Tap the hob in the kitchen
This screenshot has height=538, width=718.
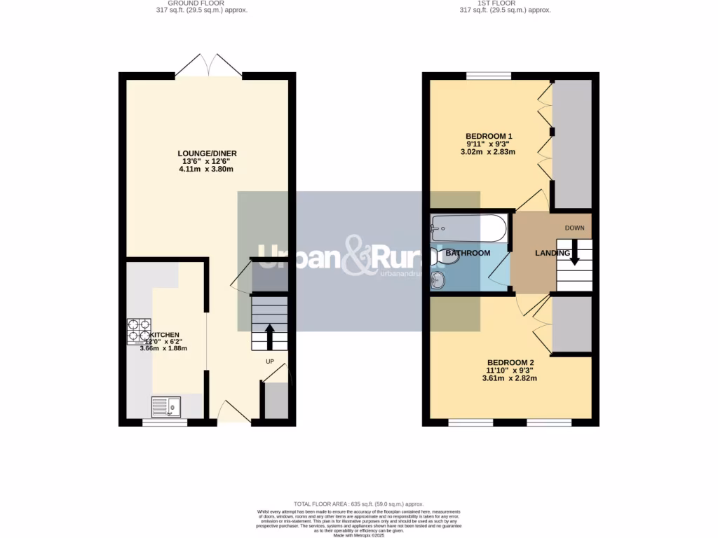(138, 331)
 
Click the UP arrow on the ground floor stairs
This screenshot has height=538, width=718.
(269, 336)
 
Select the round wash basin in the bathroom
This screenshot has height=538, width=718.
(438, 280)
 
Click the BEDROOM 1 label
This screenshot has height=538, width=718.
(489, 136)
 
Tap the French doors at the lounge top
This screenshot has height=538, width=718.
(208, 67)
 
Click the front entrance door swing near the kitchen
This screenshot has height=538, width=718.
(233, 412)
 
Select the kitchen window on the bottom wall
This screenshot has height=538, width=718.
(165, 422)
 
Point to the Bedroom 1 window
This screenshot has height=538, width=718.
(489, 76)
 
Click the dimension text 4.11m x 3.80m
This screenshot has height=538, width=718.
(205, 169)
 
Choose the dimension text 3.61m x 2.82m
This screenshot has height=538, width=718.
(509, 378)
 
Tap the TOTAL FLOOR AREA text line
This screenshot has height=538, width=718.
(358, 504)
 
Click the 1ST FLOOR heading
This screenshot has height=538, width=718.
(505, 4)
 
